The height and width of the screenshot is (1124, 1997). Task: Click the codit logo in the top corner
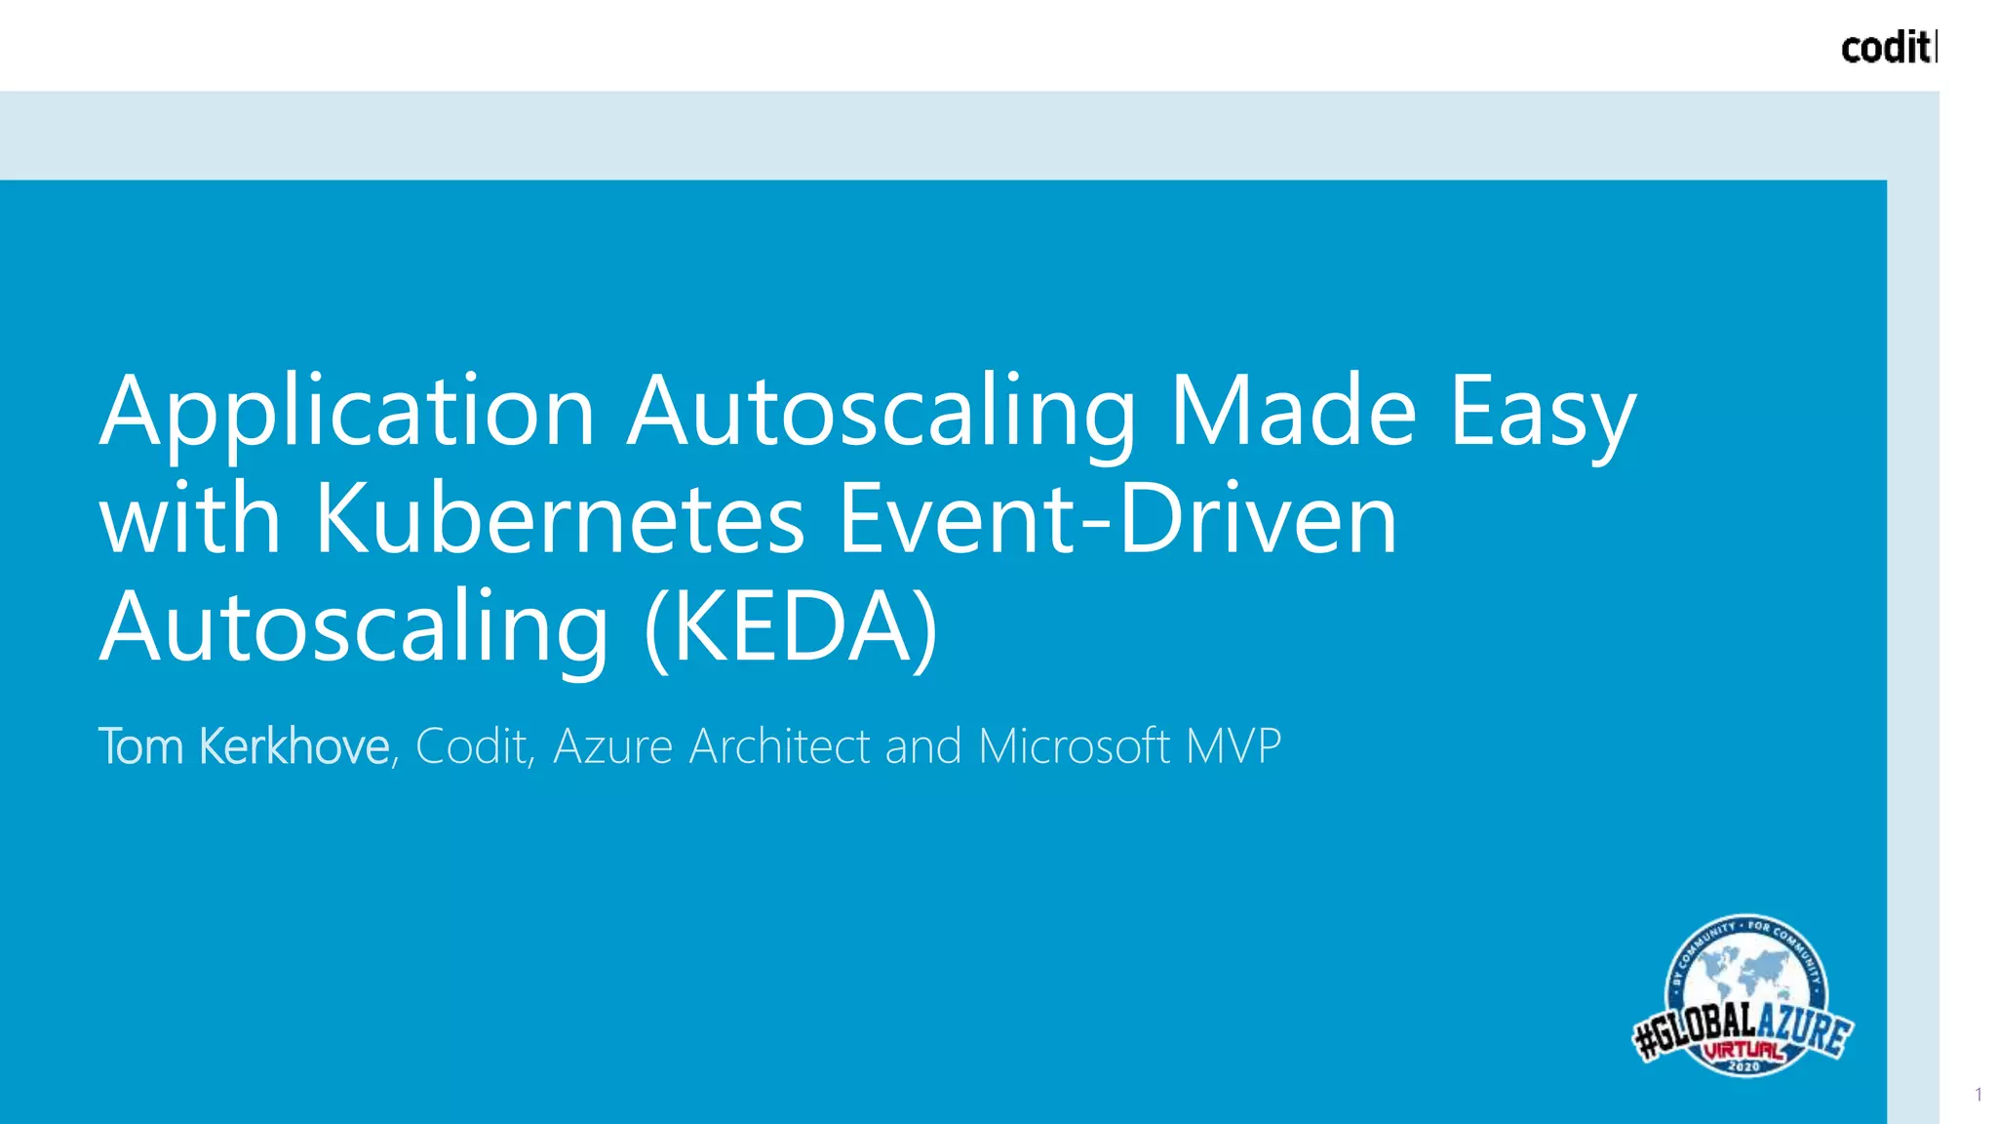[1887, 47]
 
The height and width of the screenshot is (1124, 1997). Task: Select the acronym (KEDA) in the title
[791, 626]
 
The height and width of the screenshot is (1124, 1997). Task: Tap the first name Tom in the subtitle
[141, 746]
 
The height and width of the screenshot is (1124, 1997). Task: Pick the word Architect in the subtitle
[780, 746]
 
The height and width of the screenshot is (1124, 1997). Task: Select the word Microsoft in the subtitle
[1074, 746]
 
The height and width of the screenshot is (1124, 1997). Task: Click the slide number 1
[1978, 1095]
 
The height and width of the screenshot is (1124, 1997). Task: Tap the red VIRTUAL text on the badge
[1743, 1051]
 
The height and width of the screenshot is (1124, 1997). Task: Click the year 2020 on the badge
[1743, 1066]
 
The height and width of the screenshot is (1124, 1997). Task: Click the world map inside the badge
[1745, 976]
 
